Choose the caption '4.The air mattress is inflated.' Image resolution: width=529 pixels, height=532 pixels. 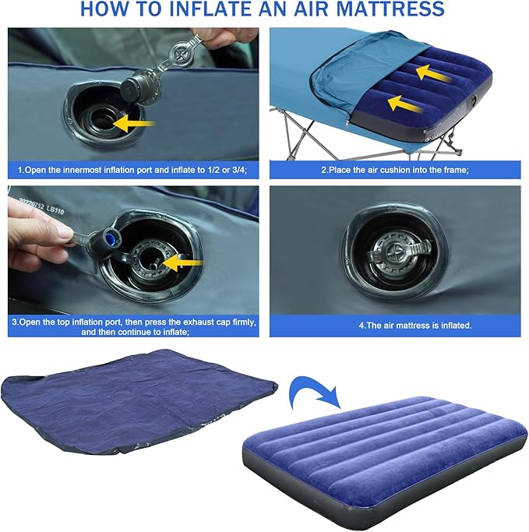(393, 324)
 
